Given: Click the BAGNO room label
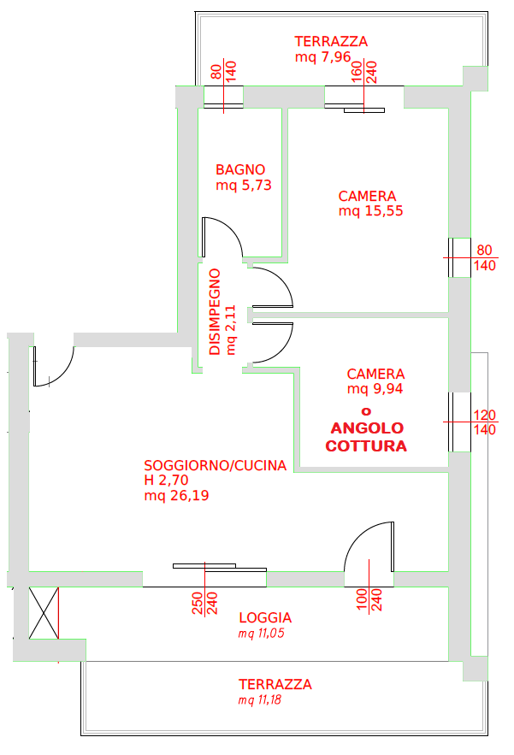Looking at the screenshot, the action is (x=240, y=169).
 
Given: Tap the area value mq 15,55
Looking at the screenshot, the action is (x=370, y=211).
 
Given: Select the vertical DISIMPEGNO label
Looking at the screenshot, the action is (x=215, y=312).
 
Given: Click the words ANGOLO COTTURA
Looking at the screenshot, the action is (x=366, y=437).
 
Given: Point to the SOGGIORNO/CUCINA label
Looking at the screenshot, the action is (x=216, y=466).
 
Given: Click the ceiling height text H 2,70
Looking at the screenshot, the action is (x=166, y=480).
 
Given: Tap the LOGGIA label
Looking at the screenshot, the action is (x=265, y=618).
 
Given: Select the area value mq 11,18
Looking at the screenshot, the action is (x=260, y=700).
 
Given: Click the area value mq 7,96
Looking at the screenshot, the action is (x=322, y=56).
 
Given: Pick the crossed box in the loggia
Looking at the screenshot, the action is (x=44, y=613).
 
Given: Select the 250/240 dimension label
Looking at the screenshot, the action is (x=204, y=603).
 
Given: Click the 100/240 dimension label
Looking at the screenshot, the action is (x=369, y=599).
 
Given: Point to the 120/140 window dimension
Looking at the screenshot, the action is (x=485, y=422).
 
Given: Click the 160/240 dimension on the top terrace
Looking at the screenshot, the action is (x=363, y=72).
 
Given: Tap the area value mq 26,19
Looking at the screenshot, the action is (x=176, y=495).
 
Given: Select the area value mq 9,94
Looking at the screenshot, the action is (x=375, y=388).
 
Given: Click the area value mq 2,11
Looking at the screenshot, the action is (x=231, y=330).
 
